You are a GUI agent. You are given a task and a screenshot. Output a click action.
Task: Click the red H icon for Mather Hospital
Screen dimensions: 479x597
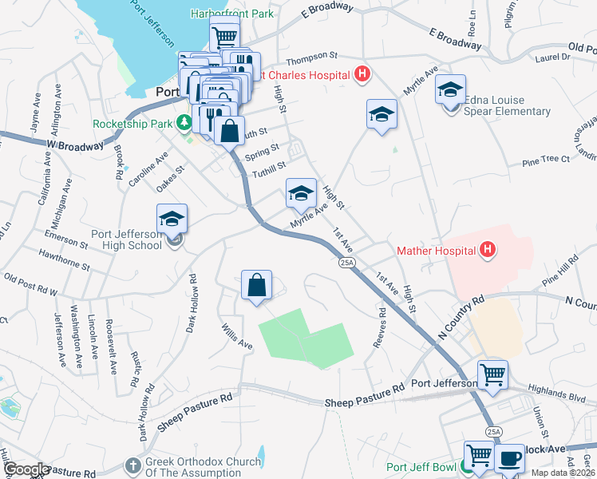pos(488,251)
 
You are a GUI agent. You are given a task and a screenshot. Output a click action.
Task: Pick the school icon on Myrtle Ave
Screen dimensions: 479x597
pos(301,192)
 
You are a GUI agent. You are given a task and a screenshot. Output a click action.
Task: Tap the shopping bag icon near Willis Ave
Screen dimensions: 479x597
pos(256,285)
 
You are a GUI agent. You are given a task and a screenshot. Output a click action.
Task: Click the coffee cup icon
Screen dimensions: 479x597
pos(509,458)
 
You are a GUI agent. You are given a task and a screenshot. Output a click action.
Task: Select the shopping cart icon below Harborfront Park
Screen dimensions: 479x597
pos(225,35)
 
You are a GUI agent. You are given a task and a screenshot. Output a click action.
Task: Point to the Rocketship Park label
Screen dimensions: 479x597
pos(132,124)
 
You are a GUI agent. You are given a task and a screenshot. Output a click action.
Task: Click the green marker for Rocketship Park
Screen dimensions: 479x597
pos(184,123)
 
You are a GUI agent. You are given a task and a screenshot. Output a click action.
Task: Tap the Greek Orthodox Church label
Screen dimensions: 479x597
pos(204,467)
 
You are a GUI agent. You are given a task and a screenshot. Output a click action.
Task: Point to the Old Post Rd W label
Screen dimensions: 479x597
pos(31,286)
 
